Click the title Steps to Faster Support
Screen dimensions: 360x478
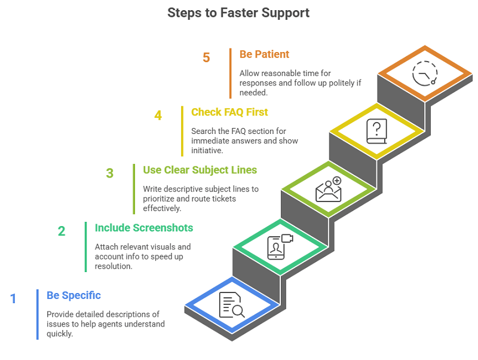tap(238, 13)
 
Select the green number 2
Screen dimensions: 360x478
tap(62, 231)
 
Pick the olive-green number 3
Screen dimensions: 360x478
tap(110, 173)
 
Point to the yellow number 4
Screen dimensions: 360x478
tap(158, 115)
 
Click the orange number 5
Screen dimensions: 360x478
tap(206, 58)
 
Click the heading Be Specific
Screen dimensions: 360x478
tap(73, 295)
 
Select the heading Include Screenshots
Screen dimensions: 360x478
tap(143, 228)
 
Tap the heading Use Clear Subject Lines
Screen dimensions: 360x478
tap(200, 170)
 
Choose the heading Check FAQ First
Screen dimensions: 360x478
tap(229, 112)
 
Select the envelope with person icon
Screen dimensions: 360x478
tap(328, 190)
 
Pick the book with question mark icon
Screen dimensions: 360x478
tap(376, 131)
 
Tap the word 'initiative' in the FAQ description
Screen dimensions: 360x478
tap(209, 151)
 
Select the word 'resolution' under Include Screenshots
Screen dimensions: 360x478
tap(114, 267)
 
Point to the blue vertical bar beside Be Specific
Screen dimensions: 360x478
tap(38, 314)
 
